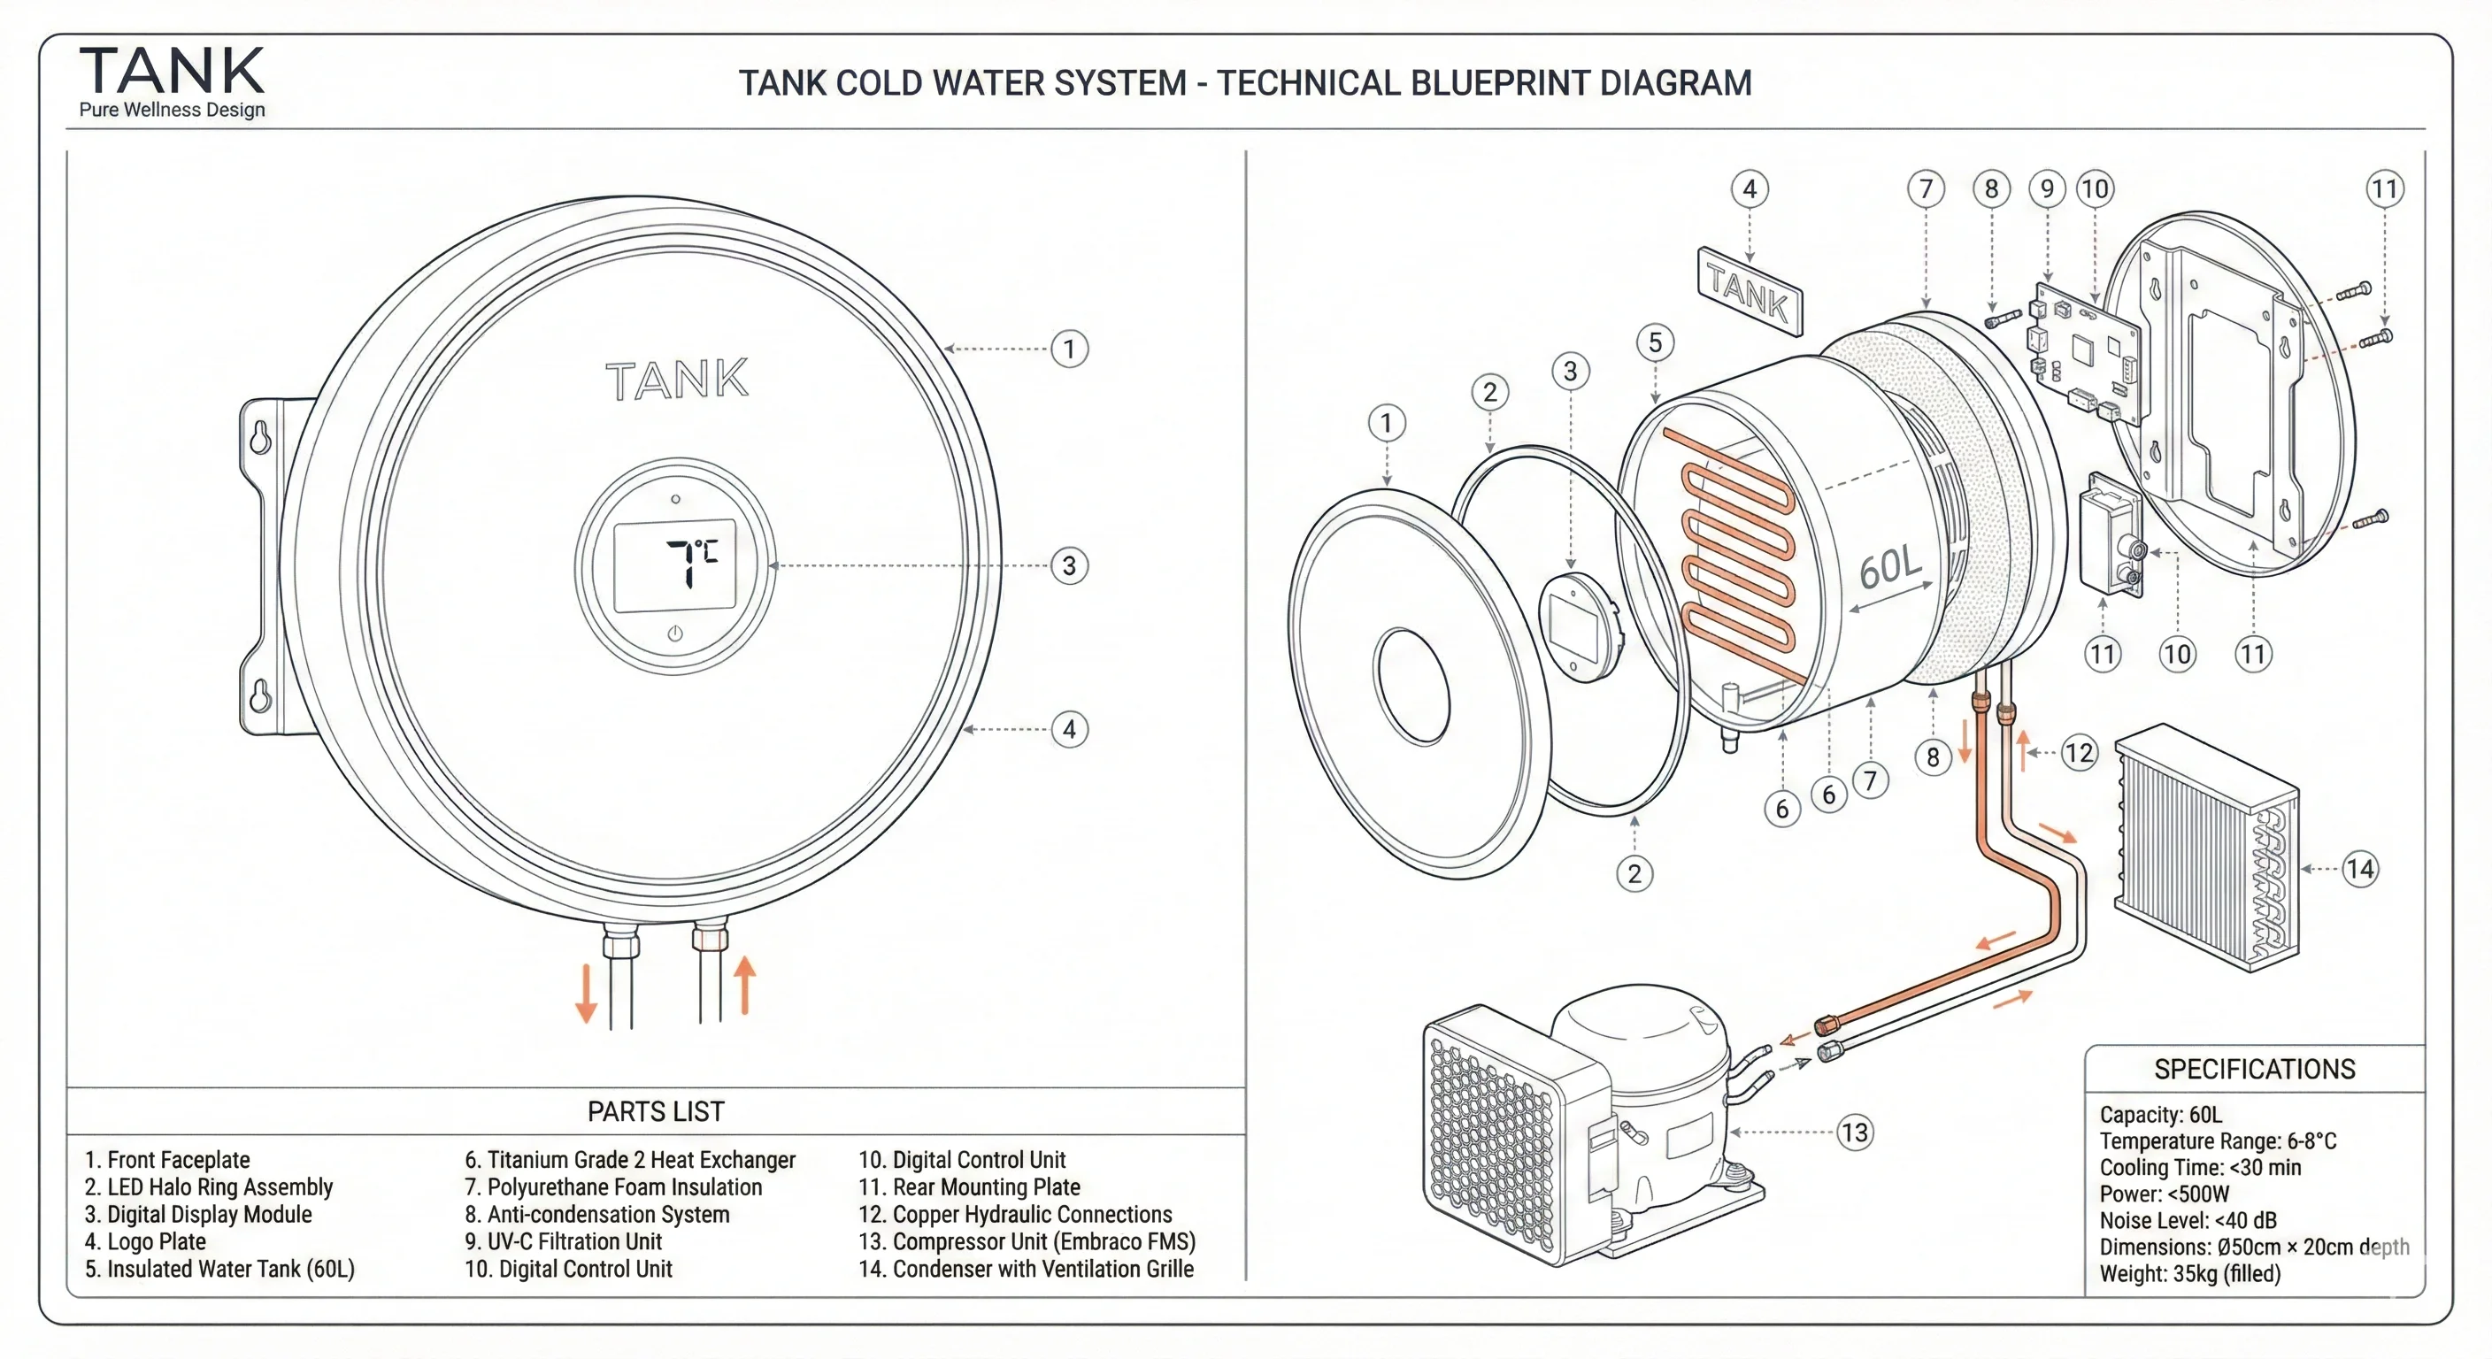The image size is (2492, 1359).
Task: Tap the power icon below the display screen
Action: click(x=675, y=633)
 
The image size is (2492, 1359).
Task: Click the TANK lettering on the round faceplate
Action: click(x=676, y=380)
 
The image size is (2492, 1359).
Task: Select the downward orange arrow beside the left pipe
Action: click(x=585, y=993)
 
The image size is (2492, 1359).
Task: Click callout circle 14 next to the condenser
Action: click(x=2359, y=869)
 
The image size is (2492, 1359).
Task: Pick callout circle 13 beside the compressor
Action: click(x=1855, y=1132)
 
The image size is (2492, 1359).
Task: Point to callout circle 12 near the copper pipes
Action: click(x=2078, y=753)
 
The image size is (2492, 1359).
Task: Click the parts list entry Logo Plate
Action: click(x=145, y=1241)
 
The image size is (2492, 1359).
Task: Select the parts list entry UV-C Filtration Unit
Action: click(x=563, y=1241)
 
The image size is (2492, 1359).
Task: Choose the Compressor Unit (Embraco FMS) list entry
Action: click(x=1027, y=1241)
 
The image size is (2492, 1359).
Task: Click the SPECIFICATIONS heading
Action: click(x=2254, y=1069)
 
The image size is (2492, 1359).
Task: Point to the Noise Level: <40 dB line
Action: click(x=2188, y=1220)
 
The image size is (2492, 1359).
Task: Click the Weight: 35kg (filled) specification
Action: click(x=2189, y=1273)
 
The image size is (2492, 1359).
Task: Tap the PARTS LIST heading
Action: click(x=655, y=1111)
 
